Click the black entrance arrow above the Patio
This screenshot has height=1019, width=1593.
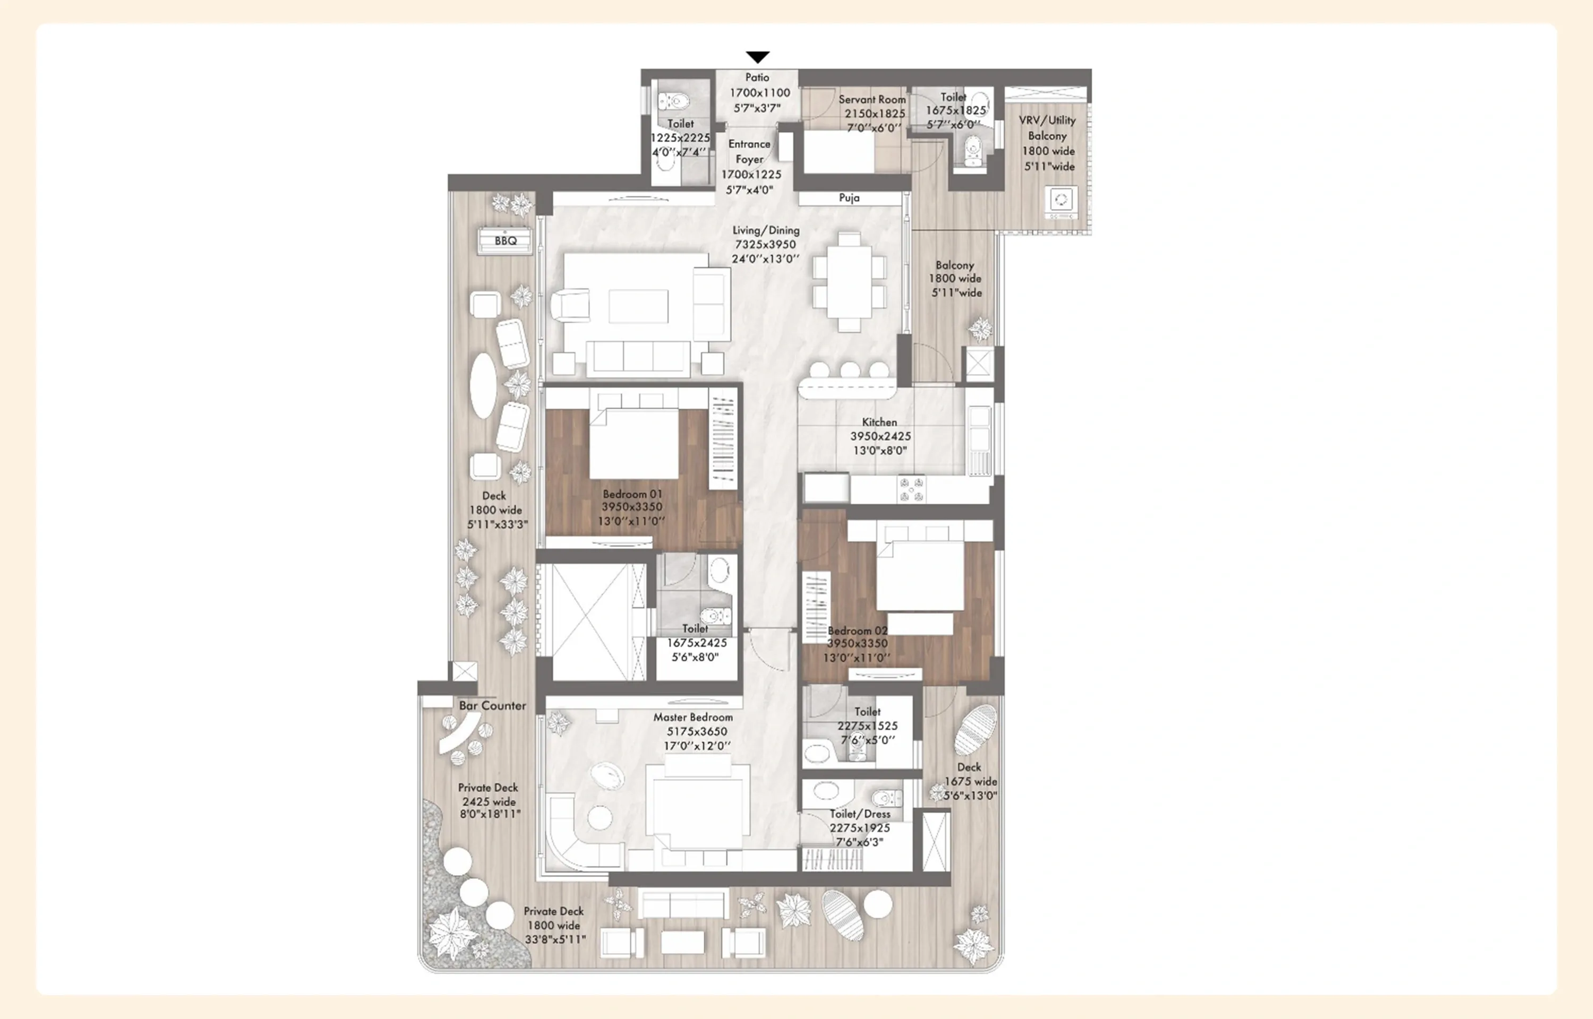pyautogui.click(x=758, y=57)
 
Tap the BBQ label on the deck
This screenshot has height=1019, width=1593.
pyautogui.click(x=506, y=241)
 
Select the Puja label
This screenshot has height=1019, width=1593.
pyautogui.click(x=849, y=198)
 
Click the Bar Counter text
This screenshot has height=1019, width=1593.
pyautogui.click(x=492, y=706)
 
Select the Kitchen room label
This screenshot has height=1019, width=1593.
pyautogui.click(x=879, y=422)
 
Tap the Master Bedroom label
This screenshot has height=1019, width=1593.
pyautogui.click(x=693, y=717)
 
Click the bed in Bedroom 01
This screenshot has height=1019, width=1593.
pyautogui.click(x=633, y=442)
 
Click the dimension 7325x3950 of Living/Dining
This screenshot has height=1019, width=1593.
pyautogui.click(x=765, y=245)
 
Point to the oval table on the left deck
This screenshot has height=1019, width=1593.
pyautogui.click(x=483, y=386)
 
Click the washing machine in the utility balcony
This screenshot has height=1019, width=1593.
pyautogui.click(x=1061, y=201)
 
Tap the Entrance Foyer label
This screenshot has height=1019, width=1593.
pyautogui.click(x=749, y=152)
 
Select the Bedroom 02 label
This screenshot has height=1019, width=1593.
pyautogui.click(x=857, y=631)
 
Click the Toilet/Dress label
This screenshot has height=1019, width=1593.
pyautogui.click(x=860, y=814)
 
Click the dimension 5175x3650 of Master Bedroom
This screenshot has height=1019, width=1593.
pyautogui.click(x=696, y=732)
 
